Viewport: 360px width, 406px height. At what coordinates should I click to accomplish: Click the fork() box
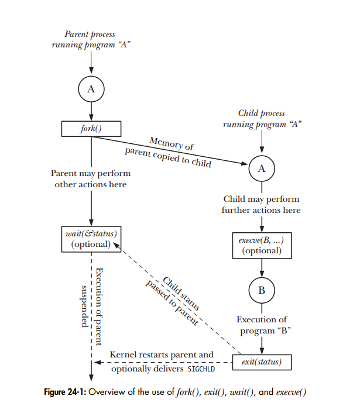[91, 128]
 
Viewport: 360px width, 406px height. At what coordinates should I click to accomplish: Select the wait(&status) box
[91, 239]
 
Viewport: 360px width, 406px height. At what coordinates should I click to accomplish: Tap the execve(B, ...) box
[261, 245]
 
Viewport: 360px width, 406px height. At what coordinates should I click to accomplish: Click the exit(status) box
[261, 362]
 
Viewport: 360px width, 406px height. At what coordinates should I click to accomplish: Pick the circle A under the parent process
[91, 89]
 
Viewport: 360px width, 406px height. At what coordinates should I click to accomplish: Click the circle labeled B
[261, 290]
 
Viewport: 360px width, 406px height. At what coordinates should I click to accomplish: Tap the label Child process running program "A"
[261, 118]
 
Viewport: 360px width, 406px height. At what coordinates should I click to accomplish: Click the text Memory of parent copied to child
[170, 151]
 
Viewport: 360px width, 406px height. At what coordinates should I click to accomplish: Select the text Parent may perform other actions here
[91, 179]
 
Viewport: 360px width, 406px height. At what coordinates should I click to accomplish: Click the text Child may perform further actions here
[261, 204]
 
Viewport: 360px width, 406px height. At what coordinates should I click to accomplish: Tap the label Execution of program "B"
[261, 325]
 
